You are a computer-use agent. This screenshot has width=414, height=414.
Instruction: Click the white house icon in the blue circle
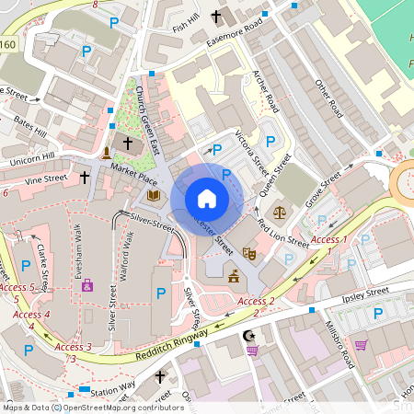click(x=206, y=199)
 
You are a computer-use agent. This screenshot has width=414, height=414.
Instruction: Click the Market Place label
click(x=130, y=171)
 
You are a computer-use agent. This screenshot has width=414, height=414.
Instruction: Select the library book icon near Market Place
click(x=154, y=195)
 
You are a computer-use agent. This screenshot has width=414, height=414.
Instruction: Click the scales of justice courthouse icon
click(x=281, y=211)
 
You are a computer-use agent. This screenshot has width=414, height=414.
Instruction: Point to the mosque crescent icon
click(x=247, y=334)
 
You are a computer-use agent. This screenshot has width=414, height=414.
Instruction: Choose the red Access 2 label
click(x=256, y=301)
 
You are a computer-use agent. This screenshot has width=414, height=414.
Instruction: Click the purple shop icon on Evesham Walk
click(x=88, y=287)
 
